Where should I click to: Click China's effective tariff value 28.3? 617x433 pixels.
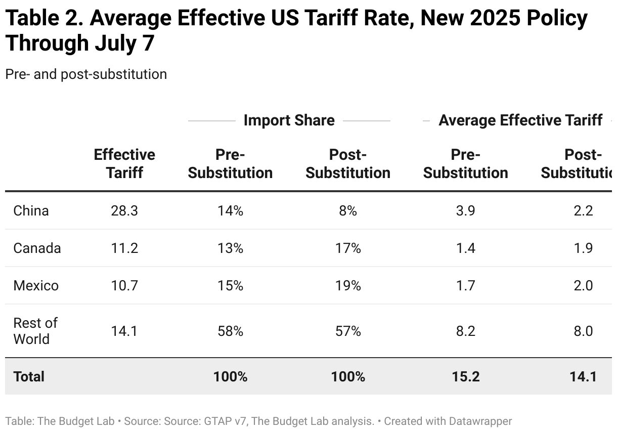124,210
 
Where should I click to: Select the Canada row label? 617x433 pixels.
37,248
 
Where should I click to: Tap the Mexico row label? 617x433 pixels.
36,286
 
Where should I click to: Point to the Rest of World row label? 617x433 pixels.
35,331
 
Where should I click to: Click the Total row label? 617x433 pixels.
29,376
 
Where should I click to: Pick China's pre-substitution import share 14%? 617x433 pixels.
230,210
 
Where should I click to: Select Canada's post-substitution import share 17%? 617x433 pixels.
348,248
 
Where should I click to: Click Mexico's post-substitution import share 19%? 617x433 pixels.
348,286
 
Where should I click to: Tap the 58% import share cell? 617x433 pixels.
230,331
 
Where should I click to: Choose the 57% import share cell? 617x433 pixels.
348,331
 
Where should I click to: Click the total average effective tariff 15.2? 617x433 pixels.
465,376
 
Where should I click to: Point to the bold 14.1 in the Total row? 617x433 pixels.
583,376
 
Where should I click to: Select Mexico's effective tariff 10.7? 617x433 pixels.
124,286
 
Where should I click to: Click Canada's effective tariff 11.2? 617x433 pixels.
124,248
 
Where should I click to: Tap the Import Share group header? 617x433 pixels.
289,120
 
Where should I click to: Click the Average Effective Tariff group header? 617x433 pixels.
520,120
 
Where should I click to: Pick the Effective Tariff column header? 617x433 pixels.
124,163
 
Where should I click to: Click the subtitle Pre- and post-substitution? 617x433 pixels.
86,74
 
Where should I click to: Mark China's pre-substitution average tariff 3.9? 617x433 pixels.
465,210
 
